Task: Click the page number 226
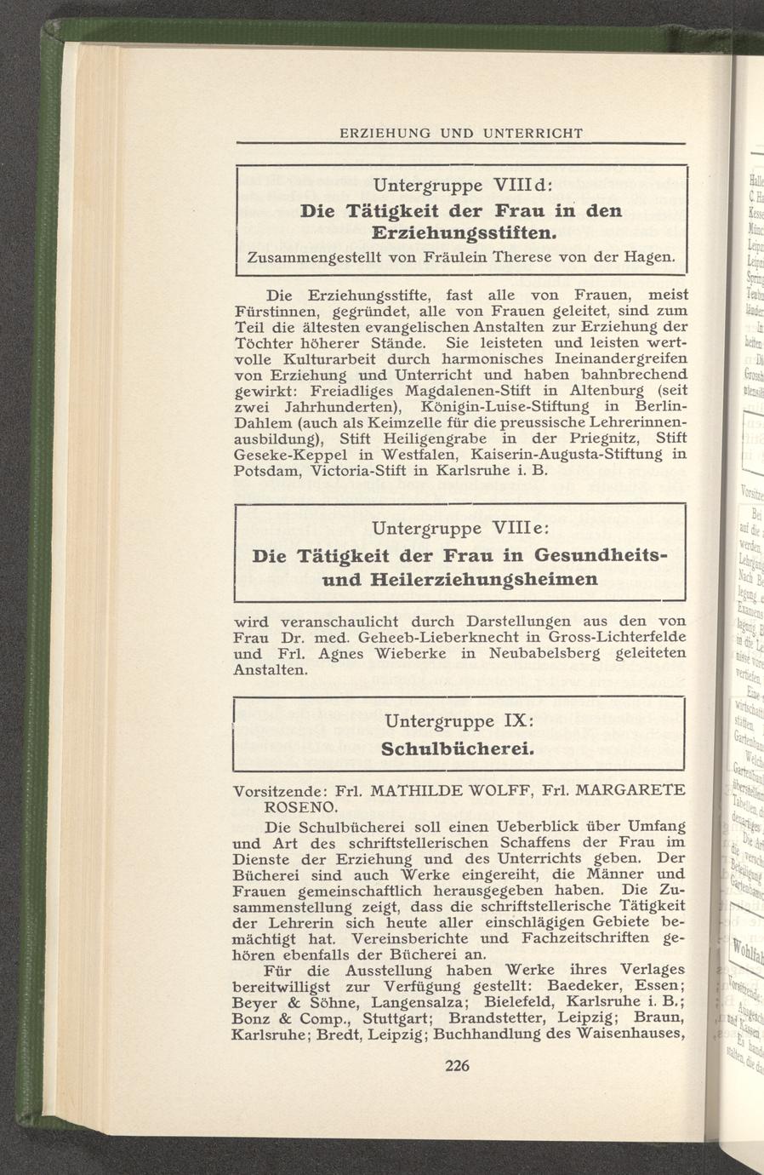[458, 1065]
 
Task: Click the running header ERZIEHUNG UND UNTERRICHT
[460, 134]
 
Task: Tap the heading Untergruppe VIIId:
[464, 185]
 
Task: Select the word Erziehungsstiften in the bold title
[465, 232]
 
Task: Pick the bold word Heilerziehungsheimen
[485, 579]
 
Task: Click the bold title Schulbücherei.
[459, 750]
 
